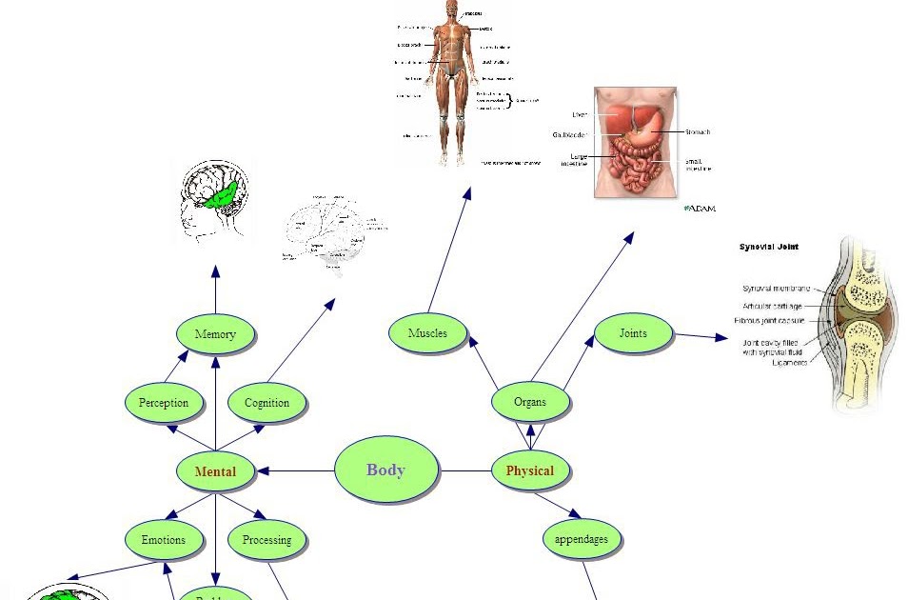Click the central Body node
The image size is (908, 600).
(x=386, y=470)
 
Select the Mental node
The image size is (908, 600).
(x=215, y=470)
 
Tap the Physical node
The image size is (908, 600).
(x=529, y=470)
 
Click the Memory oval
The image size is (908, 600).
(x=215, y=334)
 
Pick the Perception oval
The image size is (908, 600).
(x=164, y=403)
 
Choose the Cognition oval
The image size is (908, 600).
(x=266, y=403)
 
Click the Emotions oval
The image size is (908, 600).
(x=164, y=540)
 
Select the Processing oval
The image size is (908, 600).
(x=266, y=540)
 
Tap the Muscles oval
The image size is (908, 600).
(x=427, y=333)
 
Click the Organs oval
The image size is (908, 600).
(x=530, y=402)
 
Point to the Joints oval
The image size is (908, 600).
(x=633, y=333)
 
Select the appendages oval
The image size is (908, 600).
(x=582, y=539)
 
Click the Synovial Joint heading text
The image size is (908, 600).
(x=769, y=247)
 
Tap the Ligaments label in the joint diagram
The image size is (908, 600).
(x=789, y=363)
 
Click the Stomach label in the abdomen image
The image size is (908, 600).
(x=697, y=132)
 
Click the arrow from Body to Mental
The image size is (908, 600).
(x=295, y=470)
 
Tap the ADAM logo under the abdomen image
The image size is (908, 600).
(x=700, y=208)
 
